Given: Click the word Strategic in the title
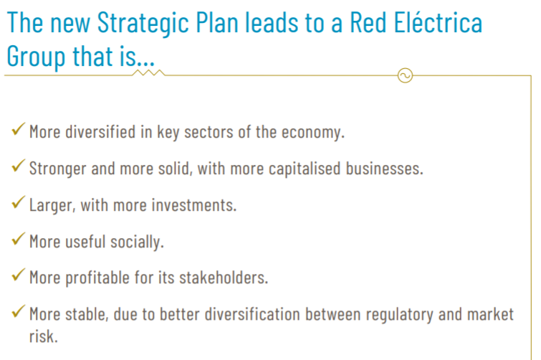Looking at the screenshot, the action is click(x=143, y=24).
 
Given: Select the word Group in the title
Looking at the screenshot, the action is click(x=36, y=57).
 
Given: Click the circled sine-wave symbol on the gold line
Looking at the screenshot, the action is click(x=405, y=75).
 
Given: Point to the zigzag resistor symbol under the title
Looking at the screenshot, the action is click(x=149, y=73).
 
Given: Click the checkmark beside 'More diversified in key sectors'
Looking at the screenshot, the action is click(x=18, y=129).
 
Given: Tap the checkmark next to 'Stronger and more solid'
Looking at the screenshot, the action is click(x=18, y=166).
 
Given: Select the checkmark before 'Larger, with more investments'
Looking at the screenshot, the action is click(x=18, y=202).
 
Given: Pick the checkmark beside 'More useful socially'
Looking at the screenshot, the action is click(x=18, y=239).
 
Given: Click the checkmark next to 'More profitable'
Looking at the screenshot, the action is click(x=18, y=275).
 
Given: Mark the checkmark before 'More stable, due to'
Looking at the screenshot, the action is click(x=18, y=311).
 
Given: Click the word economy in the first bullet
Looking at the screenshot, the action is click(x=313, y=133).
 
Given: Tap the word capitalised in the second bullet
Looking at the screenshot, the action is click(x=305, y=169).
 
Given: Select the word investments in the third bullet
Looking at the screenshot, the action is click(x=194, y=205).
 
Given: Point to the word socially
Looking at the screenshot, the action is click(x=137, y=242).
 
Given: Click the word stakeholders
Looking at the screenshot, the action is click(x=224, y=278).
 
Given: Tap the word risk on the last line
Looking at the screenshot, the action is click(x=44, y=336).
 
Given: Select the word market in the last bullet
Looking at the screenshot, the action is click(x=490, y=314).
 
